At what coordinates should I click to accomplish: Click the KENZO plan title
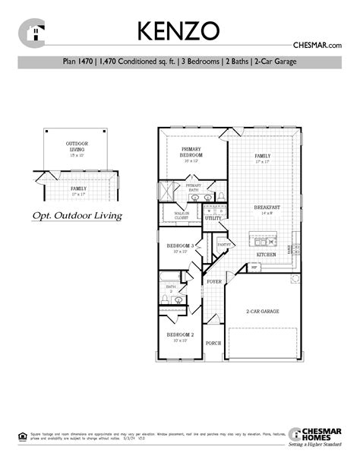179,30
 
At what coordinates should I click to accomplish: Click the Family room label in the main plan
262,157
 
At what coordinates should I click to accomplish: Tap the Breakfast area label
267,207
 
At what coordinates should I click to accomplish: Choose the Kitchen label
265,254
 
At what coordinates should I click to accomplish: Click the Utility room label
213,218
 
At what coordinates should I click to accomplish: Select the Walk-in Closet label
182,216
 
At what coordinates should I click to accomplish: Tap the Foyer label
214,281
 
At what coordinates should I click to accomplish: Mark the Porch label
213,344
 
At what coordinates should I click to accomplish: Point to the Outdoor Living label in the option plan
77,146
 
